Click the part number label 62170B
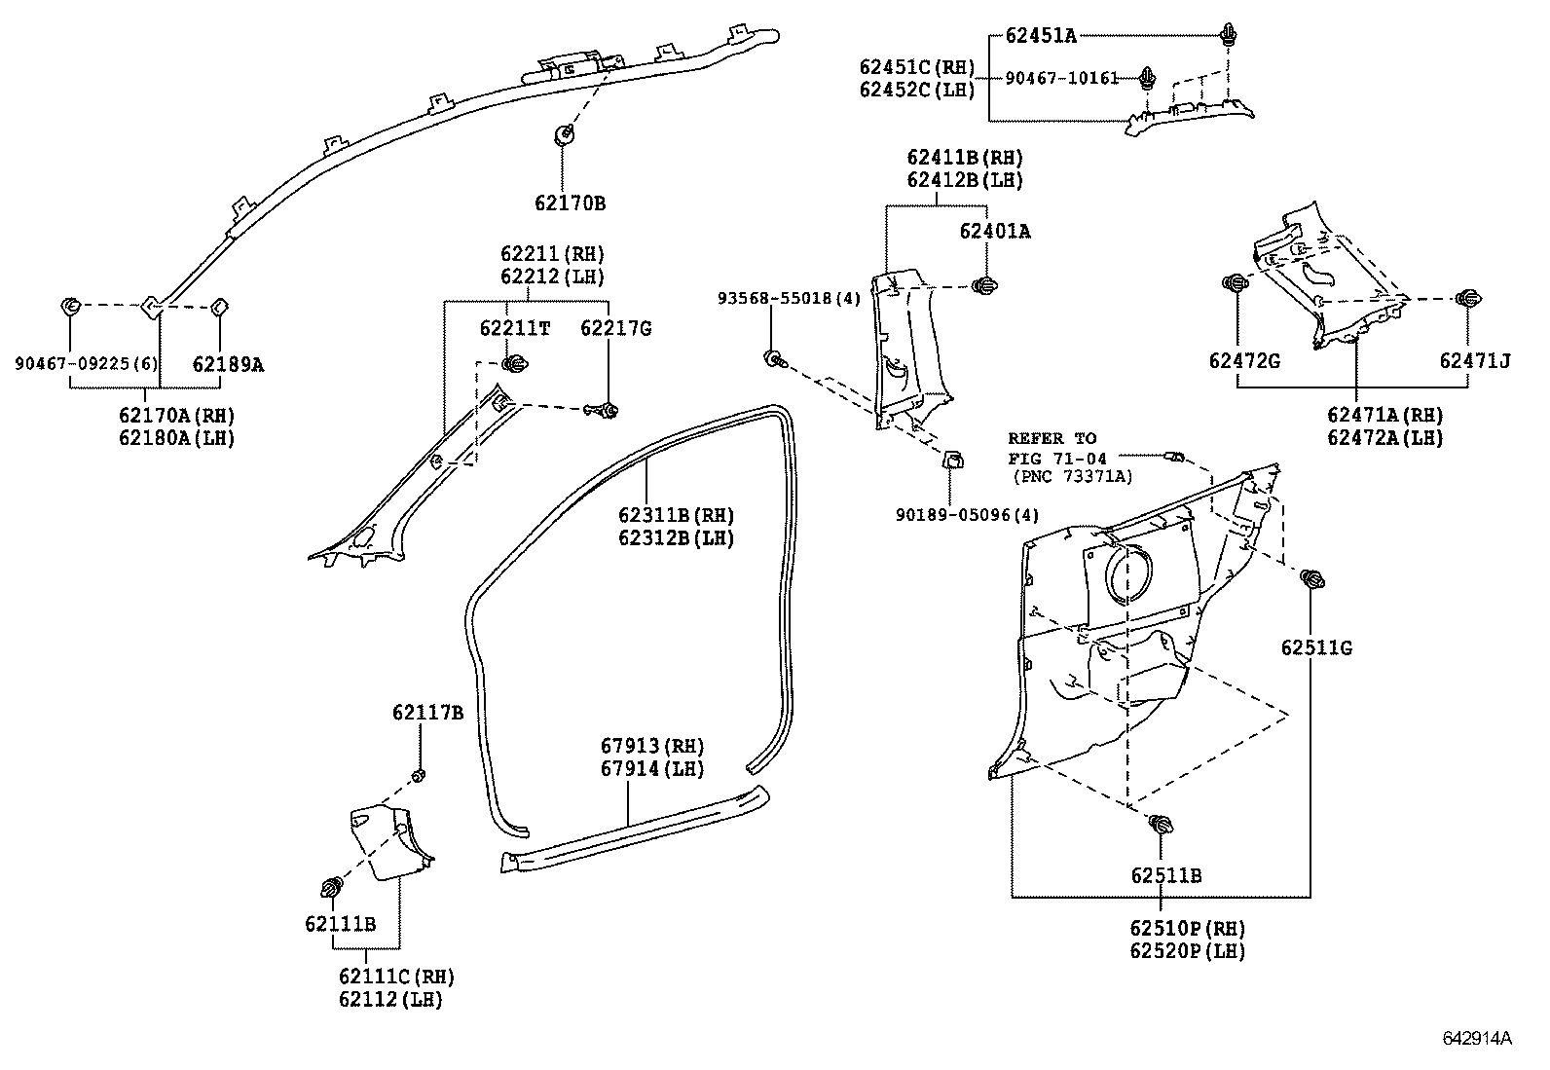click(x=570, y=203)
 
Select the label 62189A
click(x=228, y=364)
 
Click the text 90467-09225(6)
click(x=86, y=364)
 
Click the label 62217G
click(x=615, y=329)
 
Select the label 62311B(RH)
click(x=676, y=515)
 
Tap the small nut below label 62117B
click(x=420, y=775)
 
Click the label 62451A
click(x=1041, y=36)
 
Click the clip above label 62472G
click(x=1235, y=283)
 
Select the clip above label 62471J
click(x=1465, y=299)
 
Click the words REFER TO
click(x=1052, y=438)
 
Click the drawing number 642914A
click(x=1476, y=1038)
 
